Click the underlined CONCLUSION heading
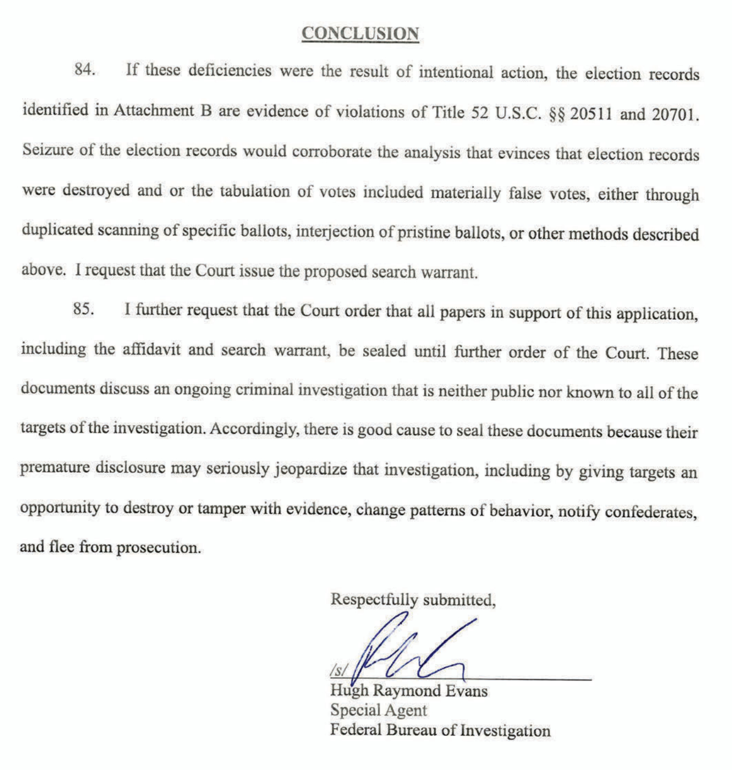coord(360,33)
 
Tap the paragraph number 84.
coord(85,70)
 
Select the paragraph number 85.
coord(84,309)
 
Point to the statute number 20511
coord(591,114)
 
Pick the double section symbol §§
coord(557,115)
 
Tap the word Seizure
coord(48,149)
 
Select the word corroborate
coord(331,152)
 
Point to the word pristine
coord(423,233)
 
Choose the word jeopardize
coord(311,469)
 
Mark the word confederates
coord(651,512)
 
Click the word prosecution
coord(159,547)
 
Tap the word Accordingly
coord(254,429)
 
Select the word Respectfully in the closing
coord(374,599)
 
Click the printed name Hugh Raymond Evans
coord(408,691)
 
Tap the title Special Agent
coord(378,710)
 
